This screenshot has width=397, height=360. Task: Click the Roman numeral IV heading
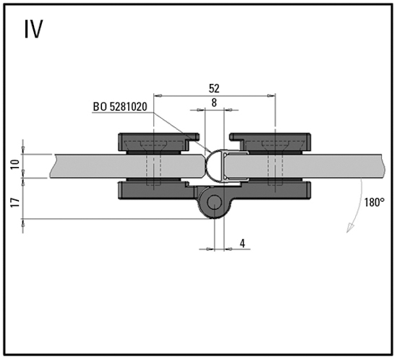[34, 29]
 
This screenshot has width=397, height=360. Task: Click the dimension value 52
[214, 88]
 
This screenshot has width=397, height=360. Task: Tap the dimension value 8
[214, 103]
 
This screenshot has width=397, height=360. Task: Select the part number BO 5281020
[120, 106]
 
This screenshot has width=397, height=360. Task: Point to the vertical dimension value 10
[15, 164]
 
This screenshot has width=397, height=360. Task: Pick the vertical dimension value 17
[15, 202]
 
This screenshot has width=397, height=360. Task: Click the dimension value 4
[242, 244]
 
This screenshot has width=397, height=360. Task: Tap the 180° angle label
[374, 202]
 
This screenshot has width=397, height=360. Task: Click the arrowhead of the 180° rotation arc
[350, 228]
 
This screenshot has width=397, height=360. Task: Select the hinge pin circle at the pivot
[215, 202]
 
